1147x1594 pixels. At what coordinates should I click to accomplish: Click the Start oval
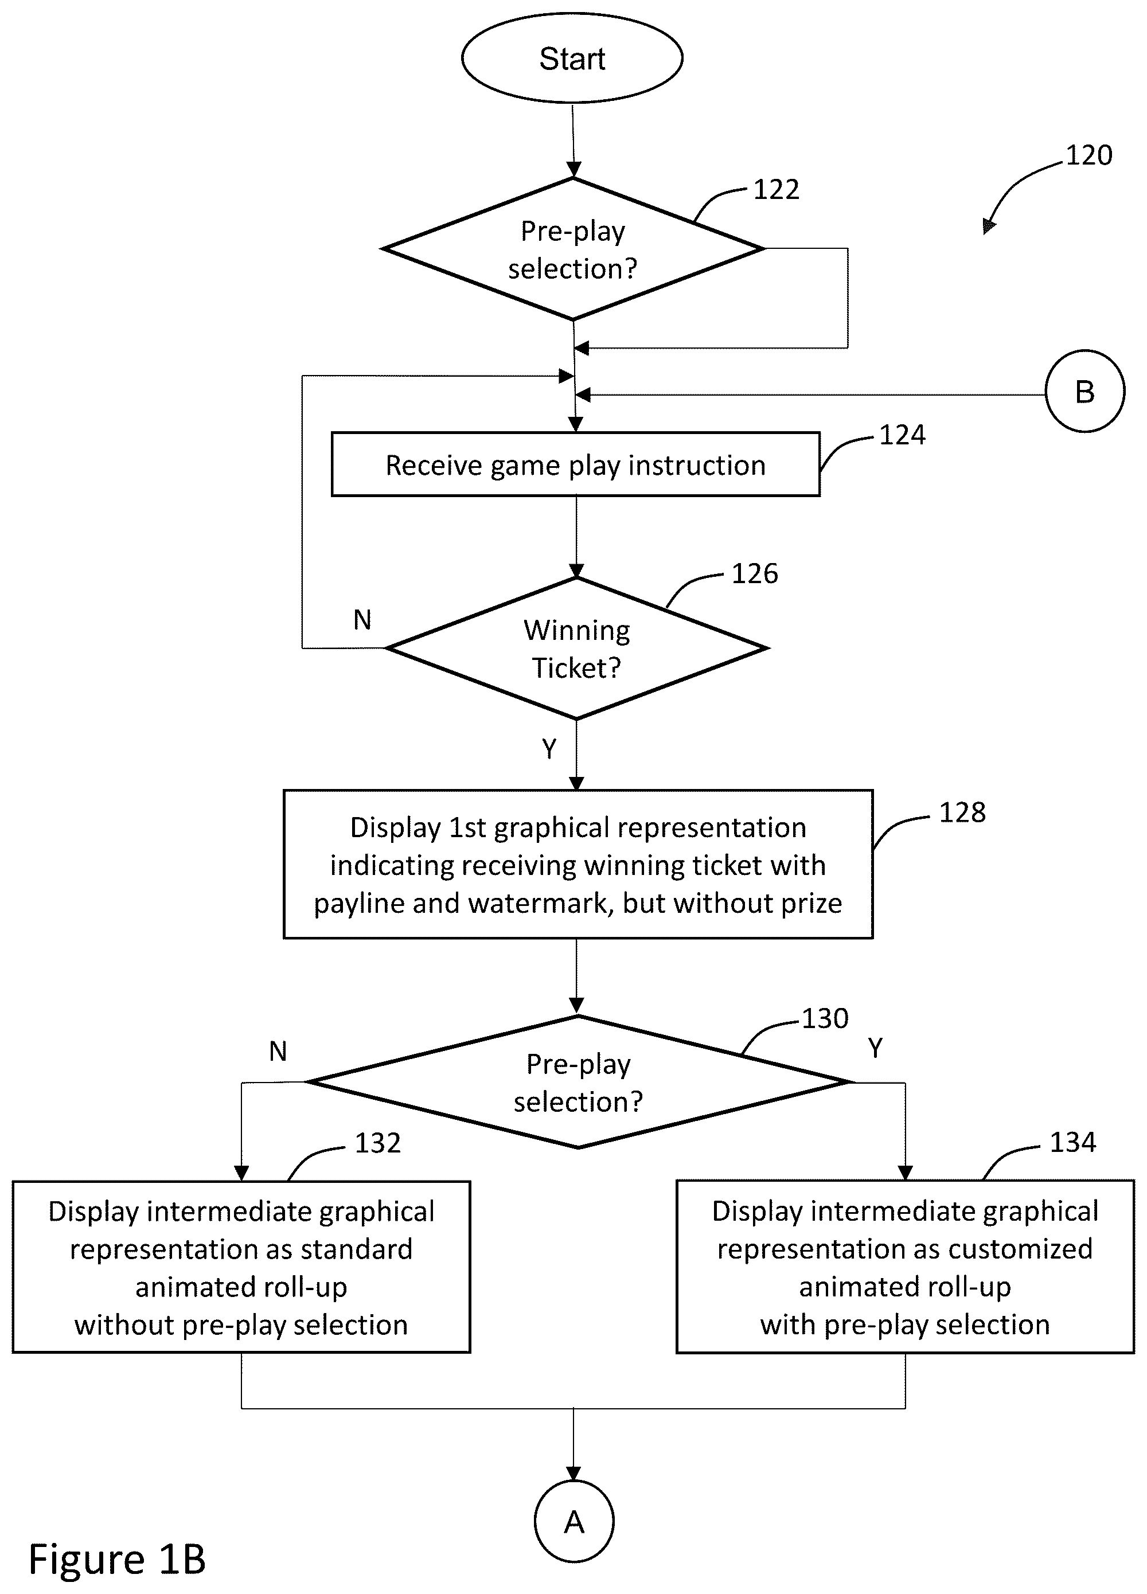pyautogui.click(x=572, y=58)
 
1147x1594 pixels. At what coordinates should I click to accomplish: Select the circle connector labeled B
pyautogui.click(x=1084, y=391)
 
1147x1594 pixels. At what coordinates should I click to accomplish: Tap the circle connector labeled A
pyautogui.click(x=573, y=1522)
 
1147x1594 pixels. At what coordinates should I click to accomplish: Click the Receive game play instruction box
pyautogui.click(x=576, y=464)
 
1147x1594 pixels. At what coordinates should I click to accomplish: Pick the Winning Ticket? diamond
pyautogui.click(x=576, y=648)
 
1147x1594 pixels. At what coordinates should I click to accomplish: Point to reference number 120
pyautogui.click(x=1089, y=155)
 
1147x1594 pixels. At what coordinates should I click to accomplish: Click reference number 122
pyautogui.click(x=776, y=190)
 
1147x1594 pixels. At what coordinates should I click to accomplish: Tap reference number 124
pyautogui.click(x=903, y=435)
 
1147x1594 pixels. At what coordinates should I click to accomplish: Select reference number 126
pyautogui.click(x=755, y=573)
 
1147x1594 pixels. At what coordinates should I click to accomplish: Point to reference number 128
pyautogui.click(x=962, y=812)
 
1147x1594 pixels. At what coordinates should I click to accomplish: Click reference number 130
pyautogui.click(x=825, y=1018)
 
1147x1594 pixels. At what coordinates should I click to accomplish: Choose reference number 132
pyautogui.click(x=377, y=1143)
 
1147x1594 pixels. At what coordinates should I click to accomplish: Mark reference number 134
pyautogui.click(x=1072, y=1142)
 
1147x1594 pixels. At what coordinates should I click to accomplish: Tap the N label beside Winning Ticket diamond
pyautogui.click(x=362, y=620)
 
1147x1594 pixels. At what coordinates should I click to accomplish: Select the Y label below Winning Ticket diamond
pyautogui.click(x=549, y=749)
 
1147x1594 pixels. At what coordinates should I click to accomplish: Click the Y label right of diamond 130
pyautogui.click(x=875, y=1048)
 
